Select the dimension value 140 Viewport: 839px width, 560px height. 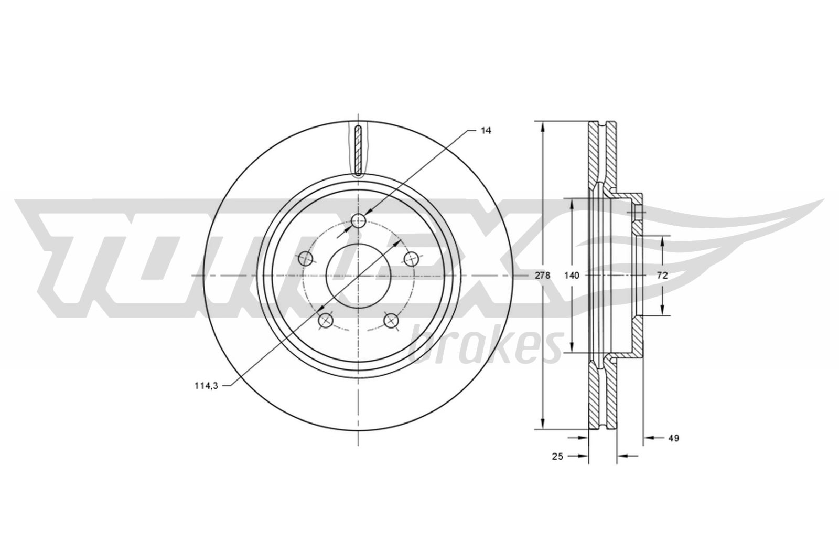[x=572, y=276]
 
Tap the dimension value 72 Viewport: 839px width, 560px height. [x=662, y=276]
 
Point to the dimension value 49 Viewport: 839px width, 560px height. [x=674, y=438]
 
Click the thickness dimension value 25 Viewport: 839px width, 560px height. [x=557, y=457]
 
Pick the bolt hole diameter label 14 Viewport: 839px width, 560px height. [x=486, y=130]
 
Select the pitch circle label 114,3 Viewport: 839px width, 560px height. [x=206, y=386]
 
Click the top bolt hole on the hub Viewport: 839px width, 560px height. [x=358, y=220]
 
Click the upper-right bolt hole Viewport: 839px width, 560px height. [x=412, y=258]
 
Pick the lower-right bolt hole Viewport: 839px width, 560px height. [x=391, y=320]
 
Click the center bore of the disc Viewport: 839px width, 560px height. [x=359, y=276]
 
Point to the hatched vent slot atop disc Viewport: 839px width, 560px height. [x=358, y=150]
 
